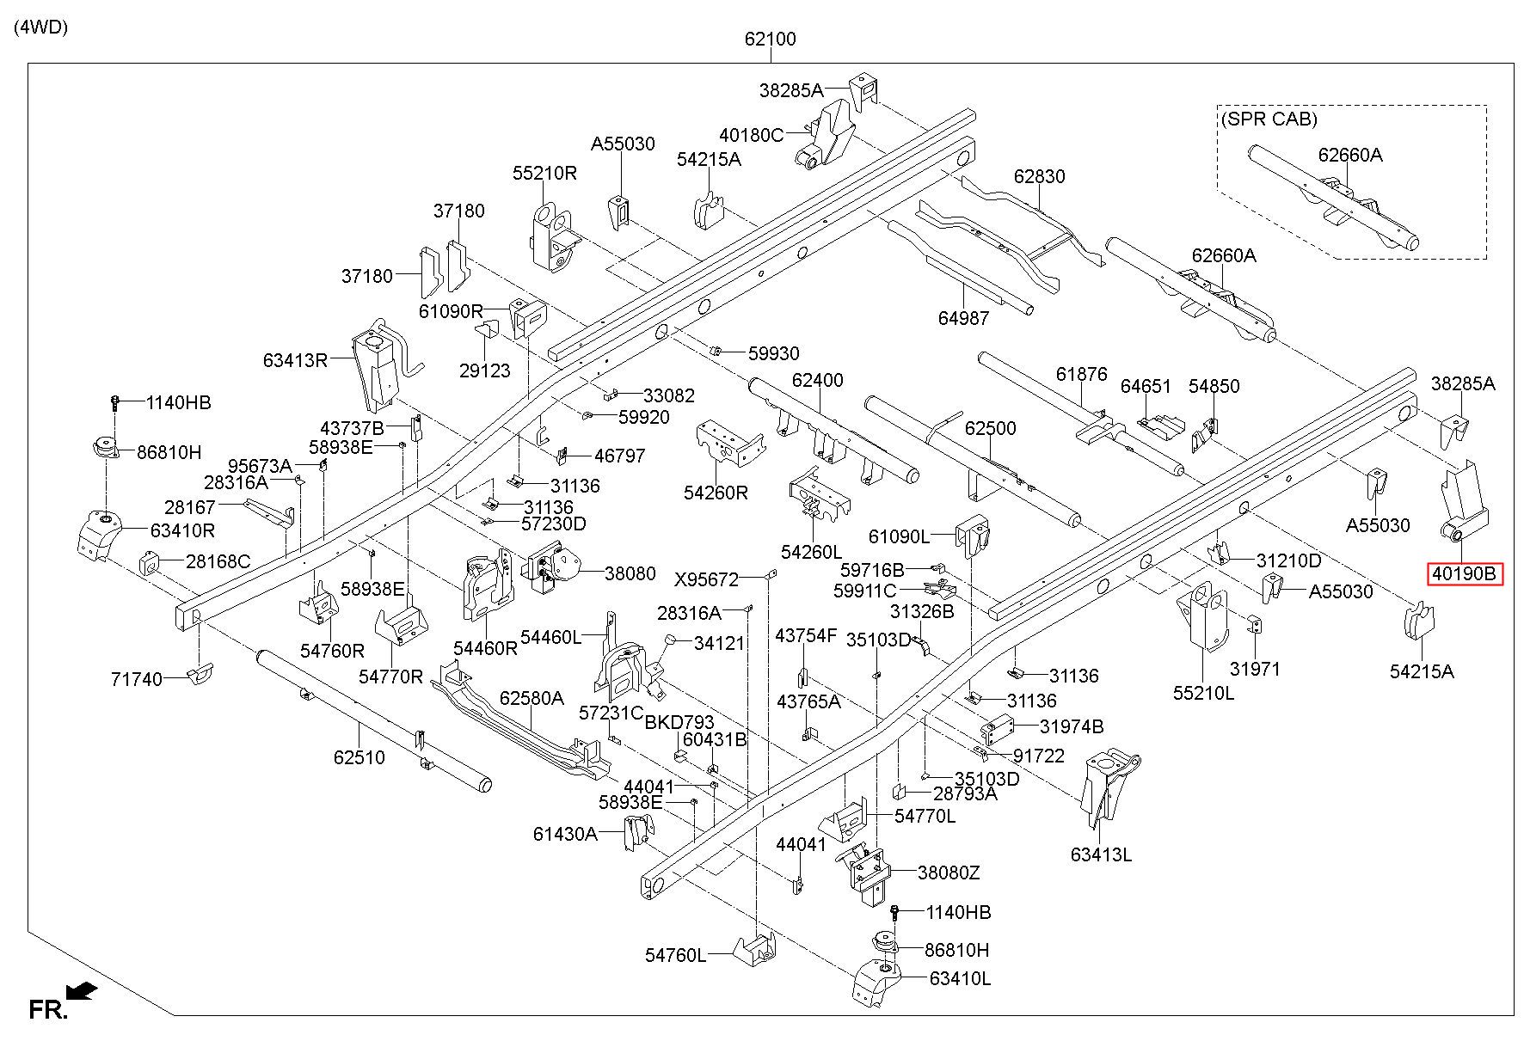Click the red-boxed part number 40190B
tap(1465, 573)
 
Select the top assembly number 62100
tap(771, 39)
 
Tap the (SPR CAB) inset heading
tap(1269, 119)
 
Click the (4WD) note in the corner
tap(40, 27)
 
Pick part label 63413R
tap(296, 359)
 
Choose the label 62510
tap(359, 757)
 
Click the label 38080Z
tap(949, 873)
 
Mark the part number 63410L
tap(960, 978)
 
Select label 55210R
tap(544, 173)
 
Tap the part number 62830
tap(1039, 176)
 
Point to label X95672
tap(706, 579)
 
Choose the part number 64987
tap(963, 318)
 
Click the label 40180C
tap(752, 135)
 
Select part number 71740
tap(137, 679)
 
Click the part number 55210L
tap(1204, 692)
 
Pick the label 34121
tap(719, 642)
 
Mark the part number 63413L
tap(1101, 854)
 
